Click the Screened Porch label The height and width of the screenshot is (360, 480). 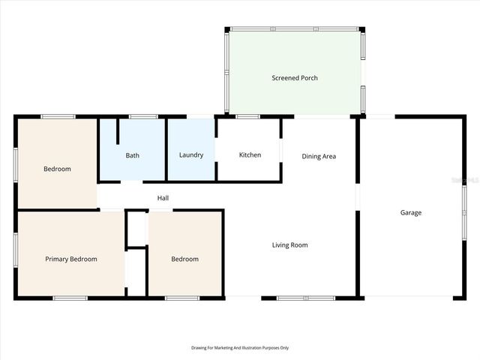295,78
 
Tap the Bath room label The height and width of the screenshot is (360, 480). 132,155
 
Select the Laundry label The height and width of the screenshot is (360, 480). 191,155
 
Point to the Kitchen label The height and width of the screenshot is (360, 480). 250,155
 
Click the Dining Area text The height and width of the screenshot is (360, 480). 319,157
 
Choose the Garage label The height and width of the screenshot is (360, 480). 410,213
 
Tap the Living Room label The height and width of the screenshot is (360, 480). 289,245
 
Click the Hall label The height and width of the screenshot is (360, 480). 163,198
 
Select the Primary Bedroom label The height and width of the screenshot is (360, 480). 71,259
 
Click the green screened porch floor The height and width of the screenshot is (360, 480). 295,97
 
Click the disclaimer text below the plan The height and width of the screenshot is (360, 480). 240,348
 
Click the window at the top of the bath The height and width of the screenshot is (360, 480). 142,116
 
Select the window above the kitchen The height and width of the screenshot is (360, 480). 248,116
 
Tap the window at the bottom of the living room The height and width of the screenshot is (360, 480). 306,298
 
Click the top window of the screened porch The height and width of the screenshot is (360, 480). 294,28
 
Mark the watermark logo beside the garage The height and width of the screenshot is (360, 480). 469,179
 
